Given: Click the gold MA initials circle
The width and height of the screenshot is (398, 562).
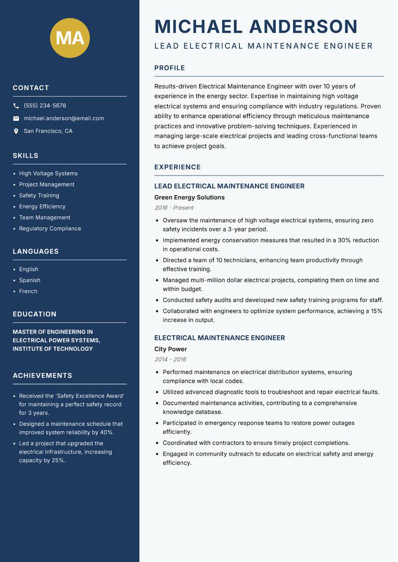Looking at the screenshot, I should coord(70,38).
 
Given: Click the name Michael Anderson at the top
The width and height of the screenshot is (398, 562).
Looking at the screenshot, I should coord(256,26).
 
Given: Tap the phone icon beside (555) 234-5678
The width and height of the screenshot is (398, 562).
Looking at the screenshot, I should coord(16,106).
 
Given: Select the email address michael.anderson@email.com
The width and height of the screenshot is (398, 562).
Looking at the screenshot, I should coord(64,118).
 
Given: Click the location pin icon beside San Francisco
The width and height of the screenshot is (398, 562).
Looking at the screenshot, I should coord(16,131).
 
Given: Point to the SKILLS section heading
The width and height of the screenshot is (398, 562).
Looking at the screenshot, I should coord(25,156).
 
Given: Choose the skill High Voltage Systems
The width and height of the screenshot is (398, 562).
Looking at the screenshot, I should coord(48,174).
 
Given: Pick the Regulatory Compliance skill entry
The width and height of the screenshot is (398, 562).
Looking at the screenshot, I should coord(50,229).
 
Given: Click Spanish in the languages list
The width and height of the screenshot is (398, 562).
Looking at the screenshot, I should coord(29,281).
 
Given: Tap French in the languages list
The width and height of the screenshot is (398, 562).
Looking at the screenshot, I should coord(28,291).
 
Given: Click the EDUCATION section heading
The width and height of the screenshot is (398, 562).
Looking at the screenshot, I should coord(34,314).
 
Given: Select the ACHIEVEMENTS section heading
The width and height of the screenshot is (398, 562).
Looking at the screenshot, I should coord(42,375).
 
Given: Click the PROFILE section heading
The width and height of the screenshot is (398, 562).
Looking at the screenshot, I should coord(169,68).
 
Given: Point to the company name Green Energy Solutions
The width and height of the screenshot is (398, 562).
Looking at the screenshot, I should coord(189,197).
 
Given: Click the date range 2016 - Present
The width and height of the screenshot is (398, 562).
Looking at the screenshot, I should coord(174,208).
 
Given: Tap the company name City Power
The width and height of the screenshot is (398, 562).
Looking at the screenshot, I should coord(170,349).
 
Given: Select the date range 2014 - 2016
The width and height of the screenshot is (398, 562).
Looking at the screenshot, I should coord(170,360).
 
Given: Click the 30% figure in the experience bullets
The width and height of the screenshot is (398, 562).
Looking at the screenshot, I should coord(344,240).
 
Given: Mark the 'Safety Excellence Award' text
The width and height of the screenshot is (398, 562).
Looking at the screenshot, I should coord(90,396).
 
